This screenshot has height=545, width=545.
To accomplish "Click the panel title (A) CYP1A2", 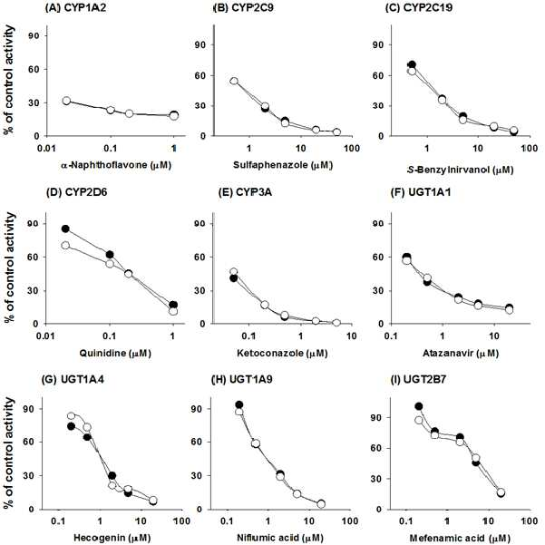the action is point(76,7).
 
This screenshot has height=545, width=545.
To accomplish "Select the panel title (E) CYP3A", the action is point(245,192).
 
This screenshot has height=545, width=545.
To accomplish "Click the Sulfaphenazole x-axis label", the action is point(283,165).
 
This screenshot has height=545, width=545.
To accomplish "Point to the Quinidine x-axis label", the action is point(115,354).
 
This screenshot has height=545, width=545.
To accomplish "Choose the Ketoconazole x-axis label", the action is point(282,354).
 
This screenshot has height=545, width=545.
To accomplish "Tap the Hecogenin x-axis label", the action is point(112,538).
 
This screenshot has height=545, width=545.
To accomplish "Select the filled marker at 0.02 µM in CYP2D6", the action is point(65,229).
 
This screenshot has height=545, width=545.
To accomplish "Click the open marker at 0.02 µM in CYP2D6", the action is point(65,246).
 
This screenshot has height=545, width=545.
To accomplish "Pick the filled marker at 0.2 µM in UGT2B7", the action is point(418,406).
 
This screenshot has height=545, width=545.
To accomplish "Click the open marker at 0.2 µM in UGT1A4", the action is point(72,416).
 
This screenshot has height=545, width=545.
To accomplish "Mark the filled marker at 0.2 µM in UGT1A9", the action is point(239,404).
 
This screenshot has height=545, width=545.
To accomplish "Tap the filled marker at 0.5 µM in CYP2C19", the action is point(413,64).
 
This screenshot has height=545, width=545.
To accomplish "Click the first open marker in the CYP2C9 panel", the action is point(234,81).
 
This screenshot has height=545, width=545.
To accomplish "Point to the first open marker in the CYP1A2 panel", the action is point(66,101).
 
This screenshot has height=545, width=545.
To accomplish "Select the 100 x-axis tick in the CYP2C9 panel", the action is point(352,149).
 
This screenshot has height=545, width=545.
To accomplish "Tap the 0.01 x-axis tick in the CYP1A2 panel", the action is point(46,149).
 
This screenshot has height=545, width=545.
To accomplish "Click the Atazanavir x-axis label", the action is point(461,354).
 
